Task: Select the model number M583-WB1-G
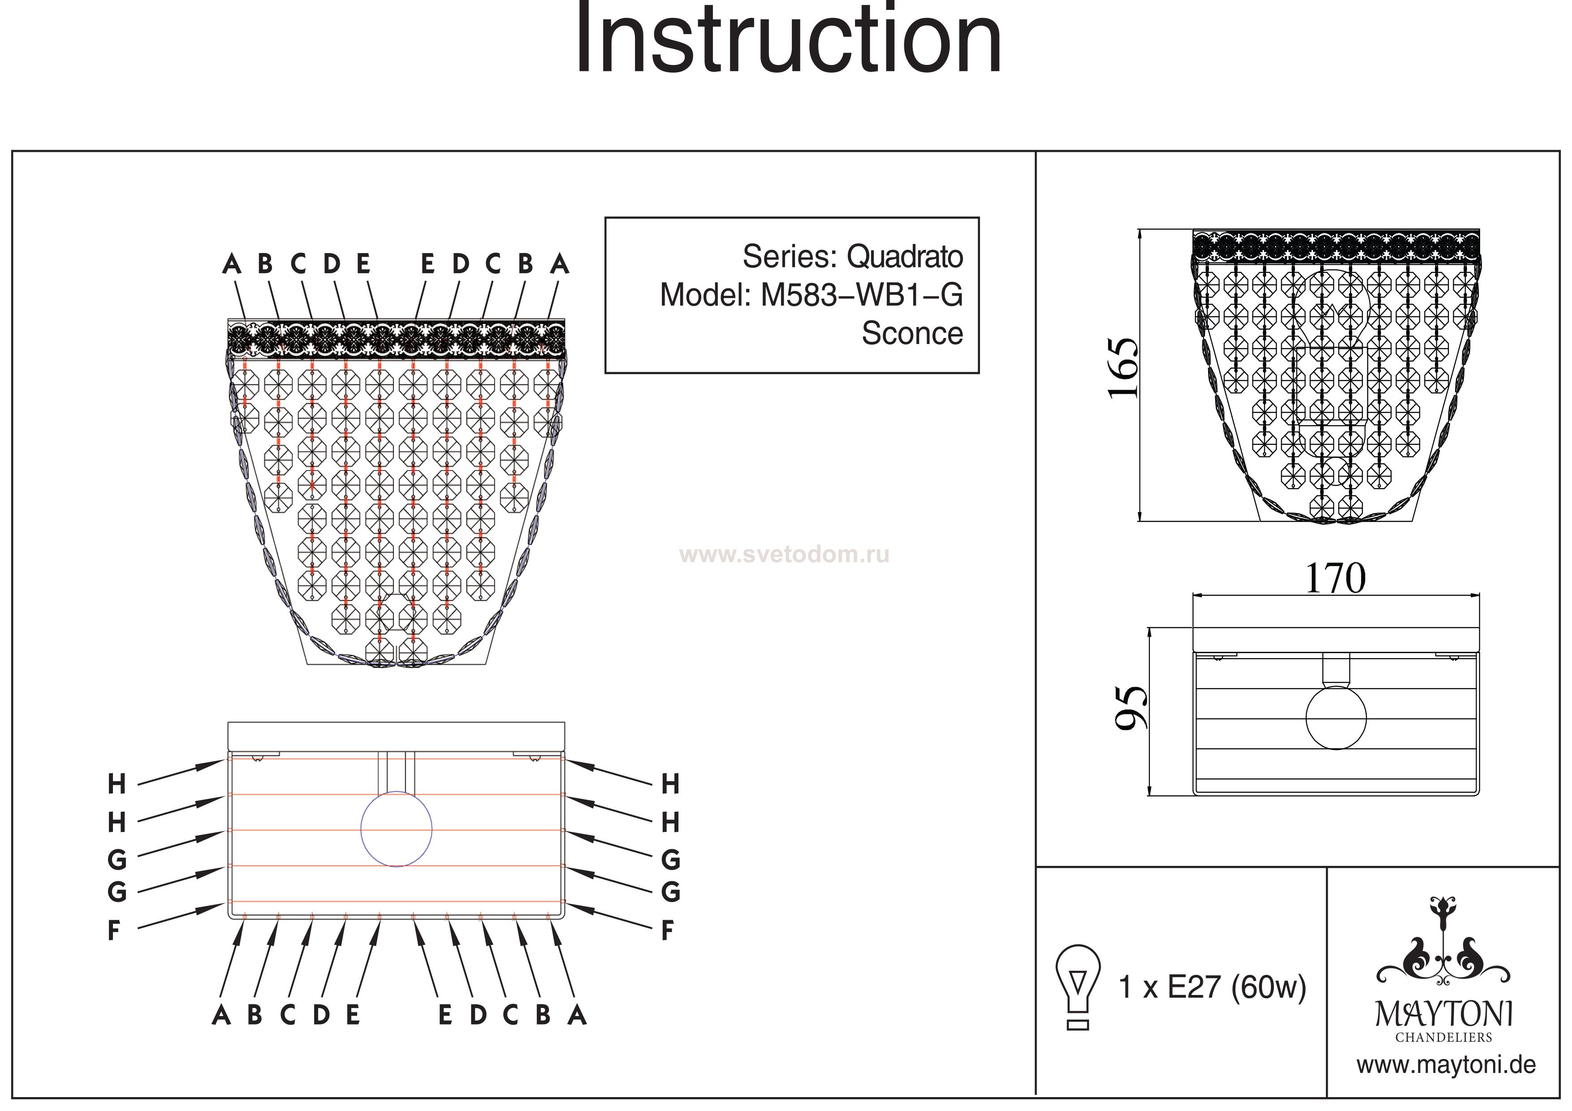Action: tap(861, 295)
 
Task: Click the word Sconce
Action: tap(911, 333)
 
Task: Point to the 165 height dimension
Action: tap(1123, 368)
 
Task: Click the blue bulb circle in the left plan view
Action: tap(397, 829)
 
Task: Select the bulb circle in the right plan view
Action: tap(1336, 718)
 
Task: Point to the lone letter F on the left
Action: tap(114, 930)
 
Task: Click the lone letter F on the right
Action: tap(668, 930)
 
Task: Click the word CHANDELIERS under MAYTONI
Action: tap(1443, 1037)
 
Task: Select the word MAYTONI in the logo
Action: tap(1443, 1015)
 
